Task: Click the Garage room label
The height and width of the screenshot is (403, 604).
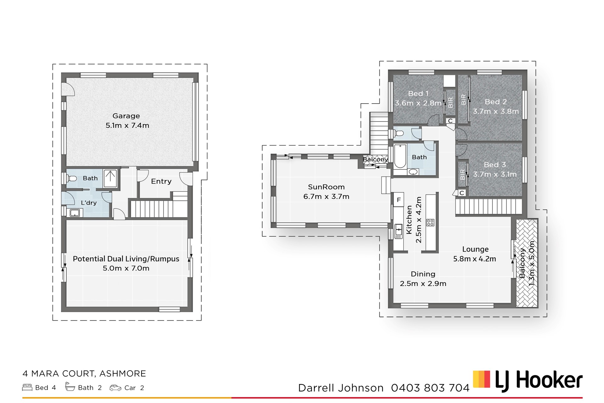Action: point(126,116)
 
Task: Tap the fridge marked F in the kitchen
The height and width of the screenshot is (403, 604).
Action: point(399,200)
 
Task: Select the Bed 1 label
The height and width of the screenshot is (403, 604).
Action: point(418,94)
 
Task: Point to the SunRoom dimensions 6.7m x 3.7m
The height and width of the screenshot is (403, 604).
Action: point(326,196)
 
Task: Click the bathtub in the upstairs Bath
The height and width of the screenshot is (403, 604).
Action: point(400,156)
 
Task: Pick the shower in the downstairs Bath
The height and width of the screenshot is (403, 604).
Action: point(110,179)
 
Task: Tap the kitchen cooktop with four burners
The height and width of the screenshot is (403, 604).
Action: point(430,223)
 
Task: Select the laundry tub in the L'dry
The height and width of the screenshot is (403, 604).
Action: point(75,213)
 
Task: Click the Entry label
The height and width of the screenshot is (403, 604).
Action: point(161,181)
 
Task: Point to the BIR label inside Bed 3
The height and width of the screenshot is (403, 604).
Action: point(462,174)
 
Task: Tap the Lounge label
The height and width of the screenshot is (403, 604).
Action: point(475,249)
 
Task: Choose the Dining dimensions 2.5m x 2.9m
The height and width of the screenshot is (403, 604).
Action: point(423,284)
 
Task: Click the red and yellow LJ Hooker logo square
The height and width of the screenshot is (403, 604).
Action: point(482,379)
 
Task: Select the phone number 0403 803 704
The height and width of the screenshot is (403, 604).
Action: point(430,388)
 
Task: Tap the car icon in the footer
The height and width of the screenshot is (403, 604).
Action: point(115,388)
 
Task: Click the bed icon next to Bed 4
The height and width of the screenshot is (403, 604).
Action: point(27,387)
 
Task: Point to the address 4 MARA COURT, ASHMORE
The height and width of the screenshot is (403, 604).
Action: point(84,374)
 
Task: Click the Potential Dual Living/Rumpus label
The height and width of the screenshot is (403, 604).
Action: point(126,259)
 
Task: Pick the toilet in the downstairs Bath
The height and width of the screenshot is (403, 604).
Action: point(72,179)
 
